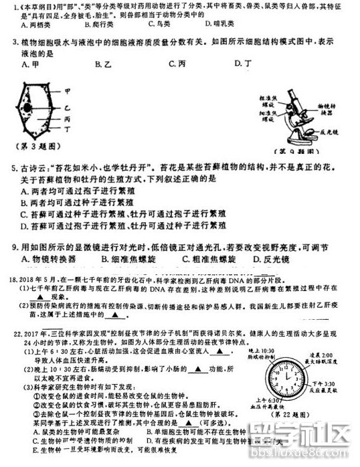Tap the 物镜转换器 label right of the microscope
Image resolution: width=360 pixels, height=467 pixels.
coord(327,109)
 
